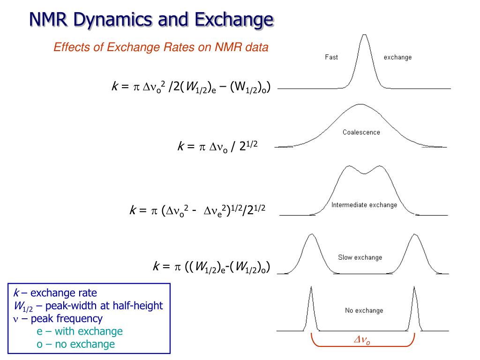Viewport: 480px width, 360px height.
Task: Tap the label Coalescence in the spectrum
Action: click(x=361, y=132)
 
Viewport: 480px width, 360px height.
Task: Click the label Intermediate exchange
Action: click(x=364, y=205)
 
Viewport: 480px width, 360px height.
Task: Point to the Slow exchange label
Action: click(x=360, y=257)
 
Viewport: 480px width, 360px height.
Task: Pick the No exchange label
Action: click(x=364, y=310)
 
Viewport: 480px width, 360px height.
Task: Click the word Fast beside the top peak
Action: click(x=331, y=57)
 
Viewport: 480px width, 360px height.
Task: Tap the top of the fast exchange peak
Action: click(x=365, y=36)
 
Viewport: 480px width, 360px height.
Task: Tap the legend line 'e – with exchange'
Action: click(x=79, y=331)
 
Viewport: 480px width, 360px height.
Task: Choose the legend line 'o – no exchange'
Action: click(x=75, y=344)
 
